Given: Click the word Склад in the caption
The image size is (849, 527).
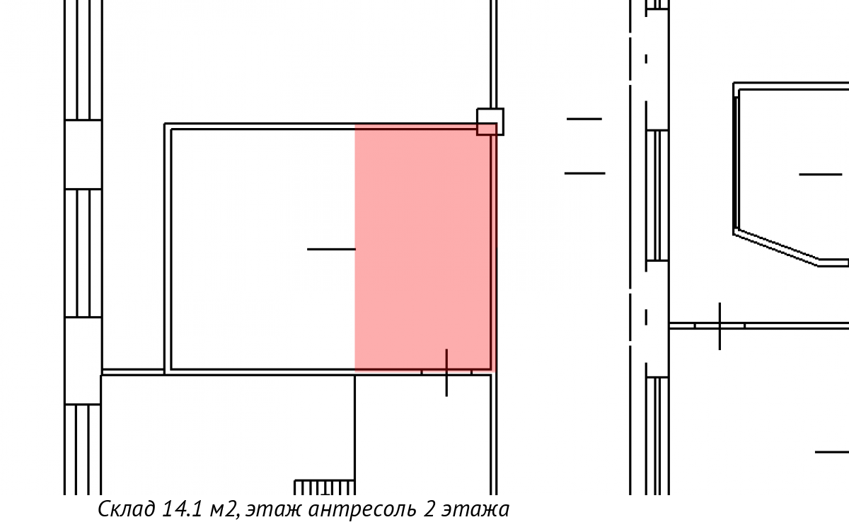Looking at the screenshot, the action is coord(126,509).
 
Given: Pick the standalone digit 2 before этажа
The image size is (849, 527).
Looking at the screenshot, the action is coord(429,509).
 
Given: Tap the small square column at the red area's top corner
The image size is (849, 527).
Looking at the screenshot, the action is coord(490,122).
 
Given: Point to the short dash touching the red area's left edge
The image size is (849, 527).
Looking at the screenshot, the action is coord(331,249).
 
